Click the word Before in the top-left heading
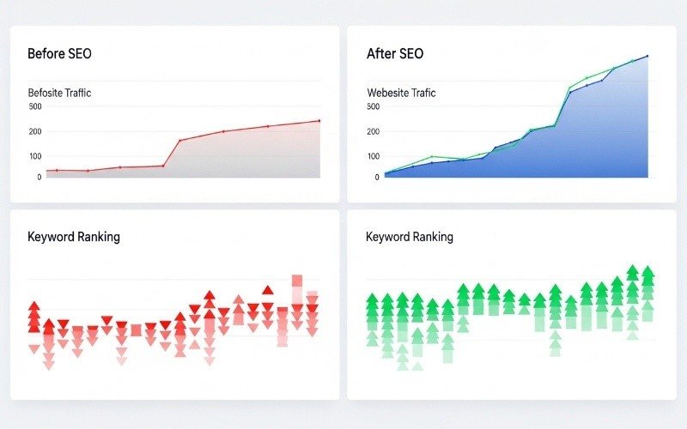click(46, 54)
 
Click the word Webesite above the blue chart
click(388, 93)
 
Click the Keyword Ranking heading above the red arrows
click(74, 237)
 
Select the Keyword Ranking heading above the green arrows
click(410, 237)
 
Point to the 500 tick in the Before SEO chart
click(34, 107)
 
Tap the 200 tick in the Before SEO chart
click(34, 132)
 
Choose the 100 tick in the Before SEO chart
click(34, 156)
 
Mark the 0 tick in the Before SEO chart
click(39, 177)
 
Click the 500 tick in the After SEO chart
click(373, 107)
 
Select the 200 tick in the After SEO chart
click(373, 132)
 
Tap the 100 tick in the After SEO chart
click(373, 156)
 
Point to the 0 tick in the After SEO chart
click(376, 177)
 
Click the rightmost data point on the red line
click(319, 121)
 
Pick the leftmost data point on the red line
click(48, 171)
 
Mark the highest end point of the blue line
click(647, 56)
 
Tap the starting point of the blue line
click(386, 173)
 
